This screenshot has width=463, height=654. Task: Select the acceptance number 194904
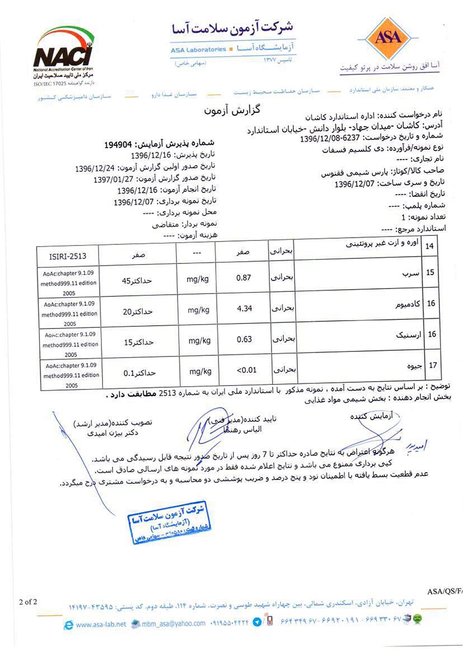(121, 144)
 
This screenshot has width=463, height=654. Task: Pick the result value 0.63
(245, 339)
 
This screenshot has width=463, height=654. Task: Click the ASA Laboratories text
(198, 49)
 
